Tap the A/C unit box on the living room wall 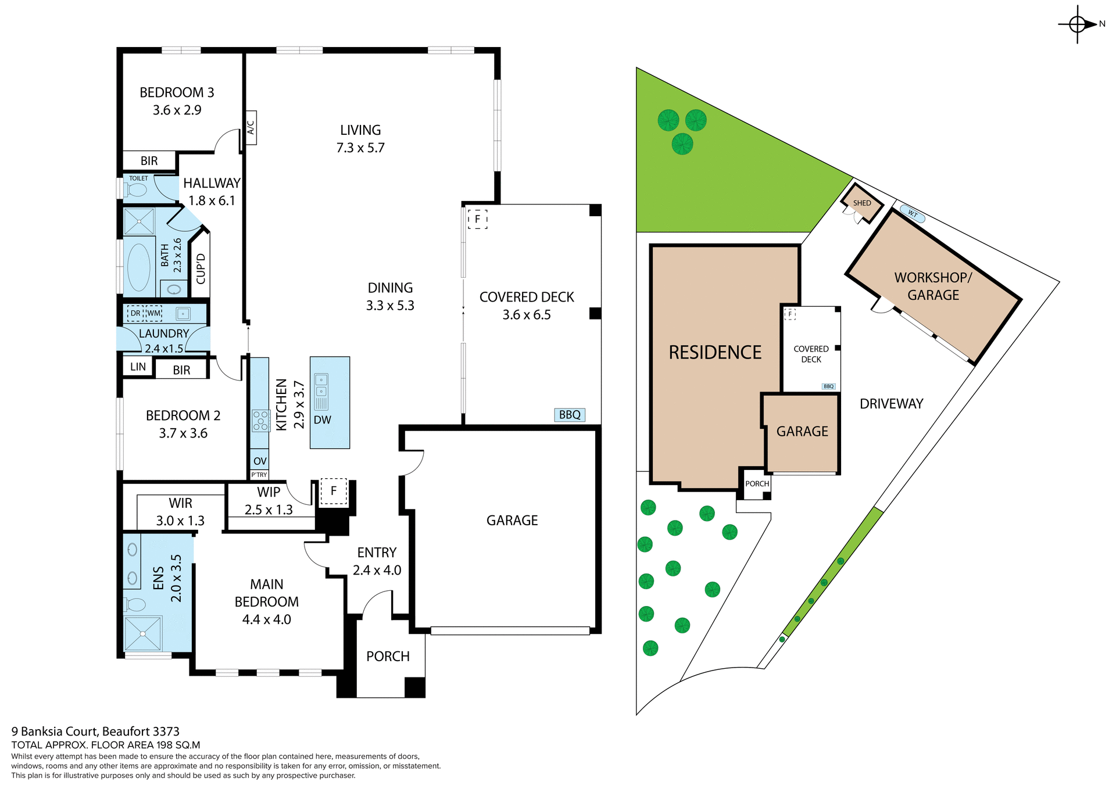(251, 127)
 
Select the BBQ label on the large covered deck (570, 415)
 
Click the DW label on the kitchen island (322, 420)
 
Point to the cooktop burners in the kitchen (260, 421)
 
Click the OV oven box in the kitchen (259, 461)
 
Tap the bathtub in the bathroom (138, 267)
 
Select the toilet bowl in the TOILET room (137, 190)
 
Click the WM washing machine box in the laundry (153, 314)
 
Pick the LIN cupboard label (138, 367)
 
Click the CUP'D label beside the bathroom (201, 268)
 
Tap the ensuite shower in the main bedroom (142, 634)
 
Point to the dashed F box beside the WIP (334, 492)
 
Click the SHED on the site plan (862, 203)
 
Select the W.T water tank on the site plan (912, 214)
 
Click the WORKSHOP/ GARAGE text (933, 286)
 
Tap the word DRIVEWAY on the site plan (891, 404)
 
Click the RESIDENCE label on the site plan (715, 353)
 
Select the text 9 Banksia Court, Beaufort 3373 (95, 731)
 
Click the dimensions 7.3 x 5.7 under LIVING (360, 148)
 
